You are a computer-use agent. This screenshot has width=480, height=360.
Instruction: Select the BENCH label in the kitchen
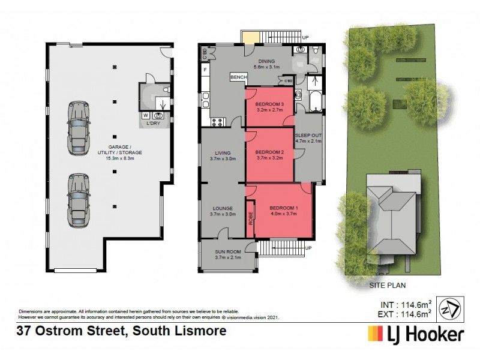coord(238,78)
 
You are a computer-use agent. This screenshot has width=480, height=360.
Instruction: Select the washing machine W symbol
coord(146,114)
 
